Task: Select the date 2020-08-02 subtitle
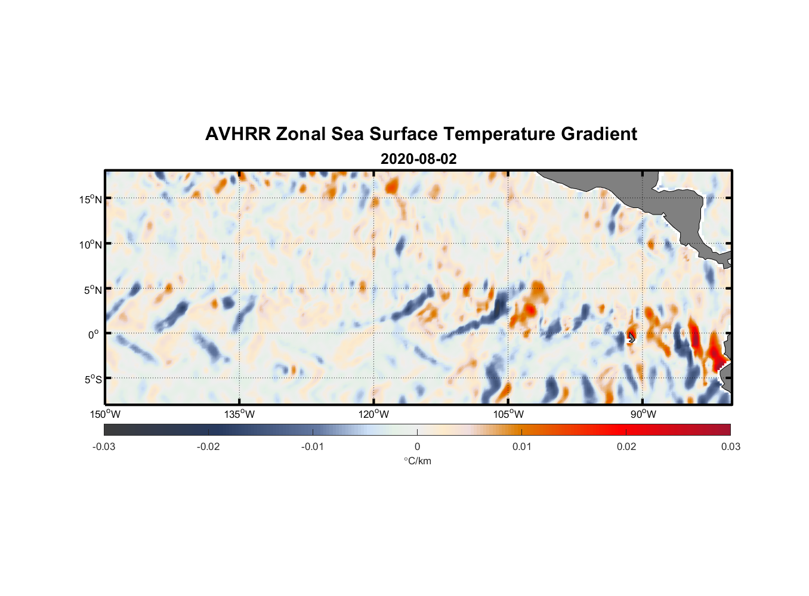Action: click(x=418, y=159)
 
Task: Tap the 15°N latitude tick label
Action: click(x=91, y=199)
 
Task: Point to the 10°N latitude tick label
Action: click(x=91, y=244)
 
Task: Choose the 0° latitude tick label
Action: click(x=94, y=334)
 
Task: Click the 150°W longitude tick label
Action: click(x=106, y=414)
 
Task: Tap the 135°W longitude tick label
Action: click(x=240, y=414)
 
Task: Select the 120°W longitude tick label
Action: click(x=374, y=414)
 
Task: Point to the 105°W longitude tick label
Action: click(x=508, y=414)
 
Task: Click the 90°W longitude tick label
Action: click(x=643, y=414)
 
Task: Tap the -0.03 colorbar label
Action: click(x=104, y=446)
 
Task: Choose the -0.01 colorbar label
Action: click(x=313, y=446)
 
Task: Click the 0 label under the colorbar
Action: click(x=417, y=446)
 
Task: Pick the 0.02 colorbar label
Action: click(x=626, y=446)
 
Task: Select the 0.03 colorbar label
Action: click(x=730, y=446)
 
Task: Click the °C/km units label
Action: click(x=418, y=461)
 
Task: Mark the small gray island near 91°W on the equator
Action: click(x=631, y=338)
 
